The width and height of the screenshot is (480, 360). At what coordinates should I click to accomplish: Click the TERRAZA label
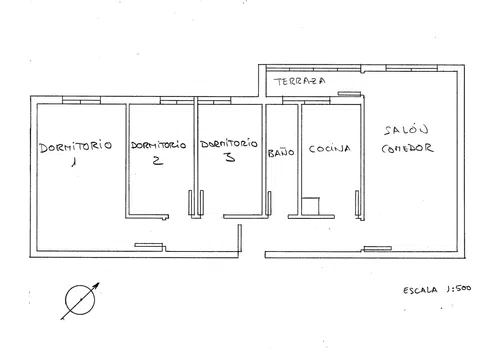point(299,81)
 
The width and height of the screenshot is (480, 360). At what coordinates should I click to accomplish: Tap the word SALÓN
point(406,130)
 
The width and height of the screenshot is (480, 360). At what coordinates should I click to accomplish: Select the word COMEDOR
point(407,148)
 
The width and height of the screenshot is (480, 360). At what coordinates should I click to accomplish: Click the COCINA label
point(329,149)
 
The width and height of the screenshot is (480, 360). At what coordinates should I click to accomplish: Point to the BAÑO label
point(281,153)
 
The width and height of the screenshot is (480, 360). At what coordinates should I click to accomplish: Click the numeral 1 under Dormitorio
point(74,162)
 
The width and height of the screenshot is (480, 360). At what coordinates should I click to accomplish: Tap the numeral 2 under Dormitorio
point(158,160)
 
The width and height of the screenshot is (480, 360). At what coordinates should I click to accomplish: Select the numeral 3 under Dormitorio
point(230,157)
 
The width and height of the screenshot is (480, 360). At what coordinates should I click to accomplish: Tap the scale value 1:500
point(459,289)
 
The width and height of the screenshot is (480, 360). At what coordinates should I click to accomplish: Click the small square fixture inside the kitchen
point(310,206)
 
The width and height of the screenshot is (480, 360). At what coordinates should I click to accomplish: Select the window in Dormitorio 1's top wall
point(81,100)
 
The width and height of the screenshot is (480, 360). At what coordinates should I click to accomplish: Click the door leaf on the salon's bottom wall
point(377,248)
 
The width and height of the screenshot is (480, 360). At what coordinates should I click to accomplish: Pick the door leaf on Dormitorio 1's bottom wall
point(149,245)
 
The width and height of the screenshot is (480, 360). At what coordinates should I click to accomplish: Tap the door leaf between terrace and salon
point(349,94)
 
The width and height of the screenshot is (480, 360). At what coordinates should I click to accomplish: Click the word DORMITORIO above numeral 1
point(75,147)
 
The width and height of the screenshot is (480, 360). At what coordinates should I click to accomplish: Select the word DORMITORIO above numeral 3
point(229,144)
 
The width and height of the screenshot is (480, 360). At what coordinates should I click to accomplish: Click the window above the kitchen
point(306,100)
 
